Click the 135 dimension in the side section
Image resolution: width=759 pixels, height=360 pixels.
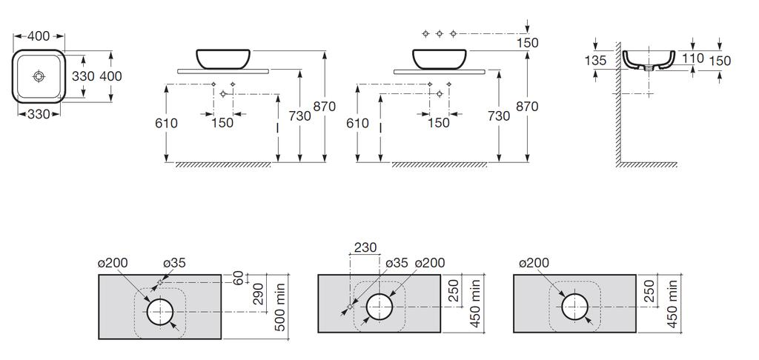[x=595, y=61]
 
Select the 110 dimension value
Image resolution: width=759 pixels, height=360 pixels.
[x=693, y=59]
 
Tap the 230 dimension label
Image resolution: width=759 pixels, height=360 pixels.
[x=365, y=247]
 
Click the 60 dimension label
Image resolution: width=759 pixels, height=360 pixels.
[x=238, y=279]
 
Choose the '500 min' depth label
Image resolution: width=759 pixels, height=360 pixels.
[x=280, y=307]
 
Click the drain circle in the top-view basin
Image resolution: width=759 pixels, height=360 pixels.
[x=39, y=76]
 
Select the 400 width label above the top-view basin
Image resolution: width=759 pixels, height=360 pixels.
[x=39, y=36]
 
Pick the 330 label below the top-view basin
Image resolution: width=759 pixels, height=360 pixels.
[x=39, y=114]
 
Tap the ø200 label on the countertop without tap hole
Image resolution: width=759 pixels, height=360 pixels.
[x=534, y=263]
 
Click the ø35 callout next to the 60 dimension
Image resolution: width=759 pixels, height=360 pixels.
[x=174, y=263]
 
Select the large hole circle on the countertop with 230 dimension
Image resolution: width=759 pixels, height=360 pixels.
[x=379, y=307]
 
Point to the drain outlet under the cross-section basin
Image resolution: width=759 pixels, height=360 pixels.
[x=649, y=69]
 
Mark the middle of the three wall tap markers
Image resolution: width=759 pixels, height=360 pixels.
[x=439, y=33]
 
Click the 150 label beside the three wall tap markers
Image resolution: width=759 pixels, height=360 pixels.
[x=527, y=42]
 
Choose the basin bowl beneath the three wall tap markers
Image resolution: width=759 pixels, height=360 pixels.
[x=440, y=59]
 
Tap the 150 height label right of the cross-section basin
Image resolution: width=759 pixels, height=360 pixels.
[x=720, y=61]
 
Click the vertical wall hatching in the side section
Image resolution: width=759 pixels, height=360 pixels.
[x=618, y=104]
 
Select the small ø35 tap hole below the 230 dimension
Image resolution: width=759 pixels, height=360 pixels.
[x=350, y=307]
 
